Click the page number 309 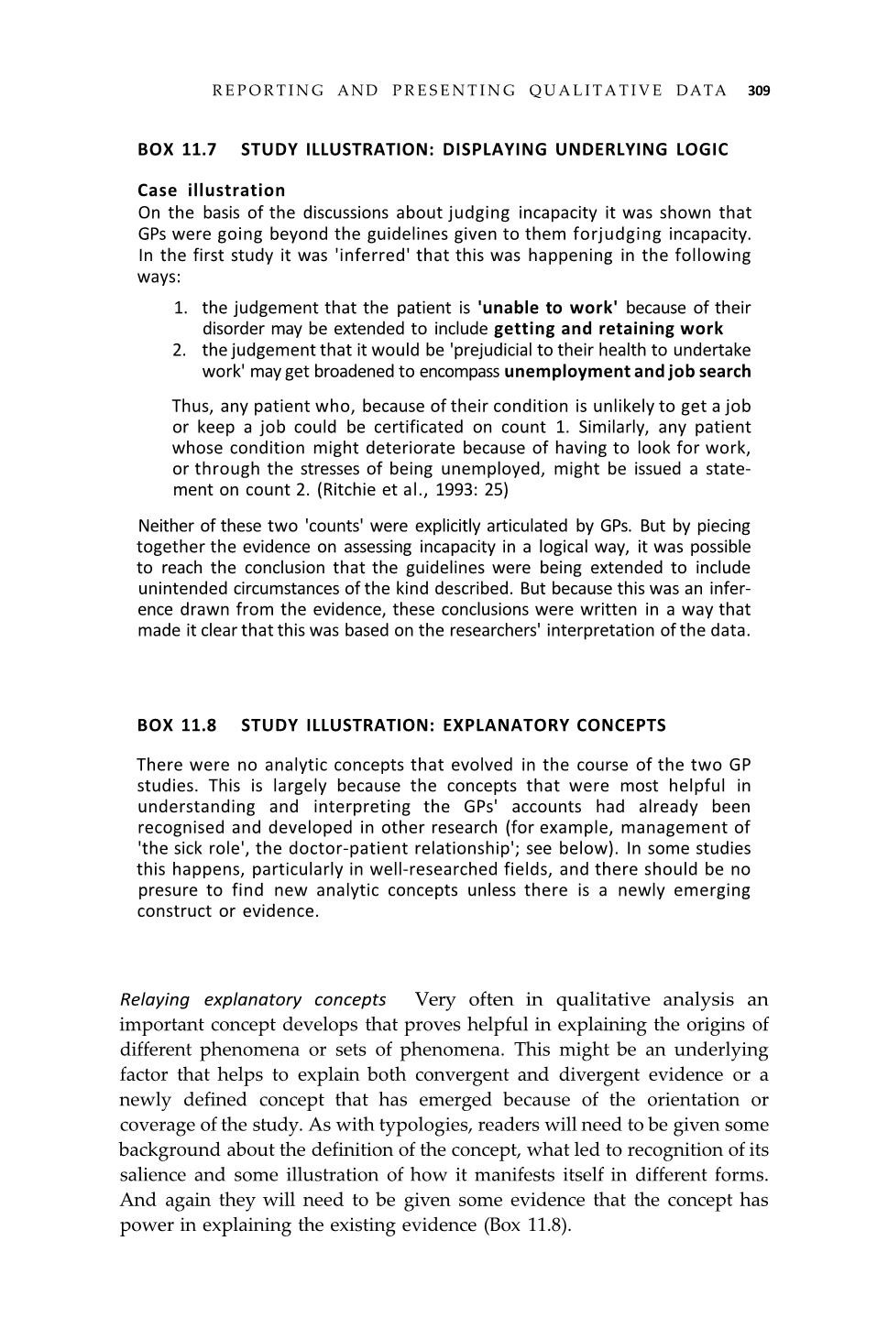click(759, 91)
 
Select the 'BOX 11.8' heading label click(177, 725)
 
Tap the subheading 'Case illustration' click(211, 190)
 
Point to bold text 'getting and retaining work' click(608, 329)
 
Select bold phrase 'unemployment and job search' click(627, 371)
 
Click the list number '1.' click(181, 308)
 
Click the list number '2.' click(180, 350)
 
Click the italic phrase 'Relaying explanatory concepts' click(253, 999)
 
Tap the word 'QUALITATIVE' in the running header click(596, 91)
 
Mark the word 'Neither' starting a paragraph click(166, 526)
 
